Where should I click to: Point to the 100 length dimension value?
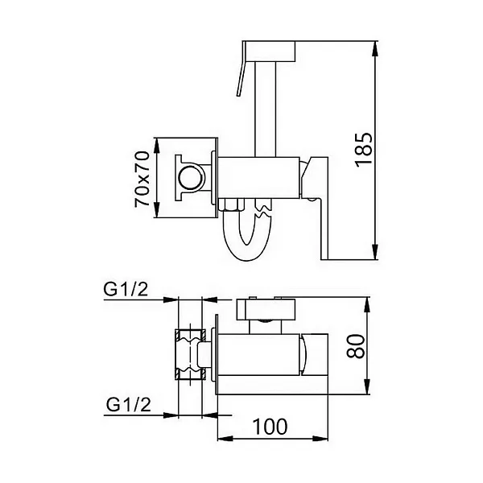click(272, 427)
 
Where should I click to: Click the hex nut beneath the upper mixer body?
click(231, 204)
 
